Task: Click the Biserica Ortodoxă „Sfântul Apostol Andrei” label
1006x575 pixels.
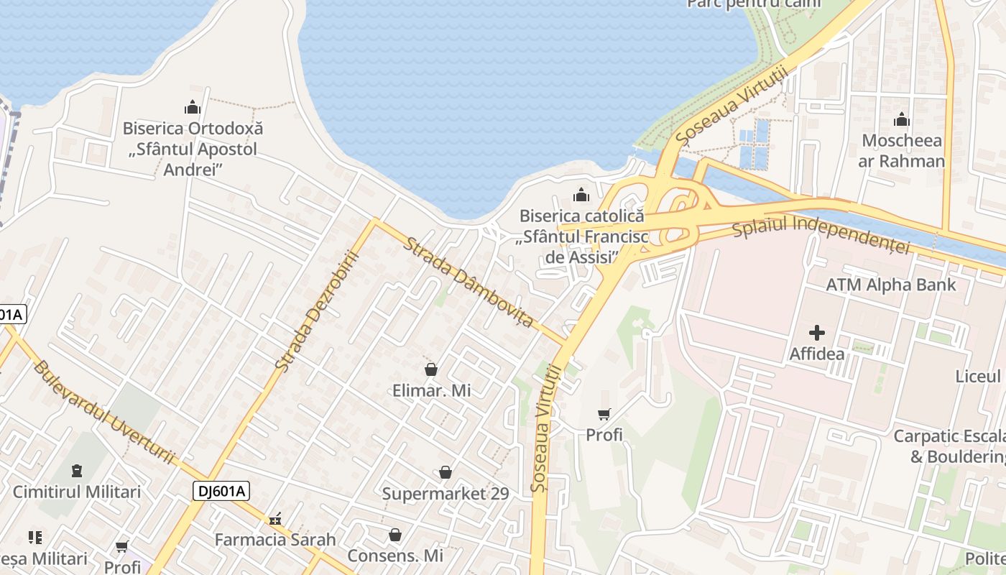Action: pos(193,149)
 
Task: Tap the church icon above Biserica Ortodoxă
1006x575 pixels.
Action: pos(193,109)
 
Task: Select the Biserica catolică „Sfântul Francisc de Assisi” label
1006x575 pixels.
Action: pos(581,236)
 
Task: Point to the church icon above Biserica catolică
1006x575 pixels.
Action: pos(581,195)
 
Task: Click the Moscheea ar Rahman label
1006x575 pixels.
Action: pos(901,150)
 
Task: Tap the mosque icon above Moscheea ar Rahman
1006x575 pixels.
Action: pos(901,119)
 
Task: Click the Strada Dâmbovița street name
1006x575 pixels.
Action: pos(469,282)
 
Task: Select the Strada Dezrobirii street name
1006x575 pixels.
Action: pos(317,310)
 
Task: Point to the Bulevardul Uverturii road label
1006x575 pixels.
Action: pos(104,411)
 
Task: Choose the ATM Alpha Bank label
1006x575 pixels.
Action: pos(891,285)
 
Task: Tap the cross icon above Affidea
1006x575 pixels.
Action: pos(817,333)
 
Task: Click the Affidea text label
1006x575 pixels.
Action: pos(817,354)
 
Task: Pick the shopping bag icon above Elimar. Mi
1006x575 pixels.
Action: pos(431,370)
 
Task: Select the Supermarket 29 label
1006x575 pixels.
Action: pos(446,494)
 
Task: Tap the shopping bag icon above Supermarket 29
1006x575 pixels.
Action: pos(446,472)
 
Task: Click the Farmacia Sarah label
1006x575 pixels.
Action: pos(275,539)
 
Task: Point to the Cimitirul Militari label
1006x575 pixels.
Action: pos(77,492)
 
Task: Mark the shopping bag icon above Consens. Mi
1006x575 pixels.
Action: pos(395,535)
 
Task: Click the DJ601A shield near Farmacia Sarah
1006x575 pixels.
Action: pos(221,491)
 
